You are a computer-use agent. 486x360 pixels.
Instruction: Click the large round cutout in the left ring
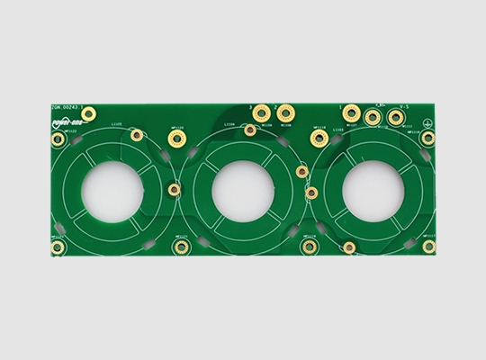[x=112, y=191]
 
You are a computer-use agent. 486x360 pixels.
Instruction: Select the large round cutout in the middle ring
[x=243, y=192]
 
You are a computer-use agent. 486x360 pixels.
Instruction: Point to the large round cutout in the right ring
[x=371, y=191]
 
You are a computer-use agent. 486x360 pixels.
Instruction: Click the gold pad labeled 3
[x=261, y=113]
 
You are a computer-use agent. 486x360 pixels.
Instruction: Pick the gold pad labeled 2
[x=285, y=112]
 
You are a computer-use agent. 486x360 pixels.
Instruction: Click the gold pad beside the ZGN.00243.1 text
[x=88, y=113]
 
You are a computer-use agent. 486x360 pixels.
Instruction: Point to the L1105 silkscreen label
[x=116, y=123]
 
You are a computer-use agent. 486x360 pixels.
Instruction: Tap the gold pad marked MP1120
[x=175, y=139]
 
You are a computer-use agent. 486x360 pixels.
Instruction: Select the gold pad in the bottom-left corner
[x=58, y=247]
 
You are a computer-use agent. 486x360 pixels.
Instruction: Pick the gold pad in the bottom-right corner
[x=428, y=246]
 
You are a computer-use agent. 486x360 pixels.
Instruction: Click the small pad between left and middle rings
[x=174, y=189]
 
